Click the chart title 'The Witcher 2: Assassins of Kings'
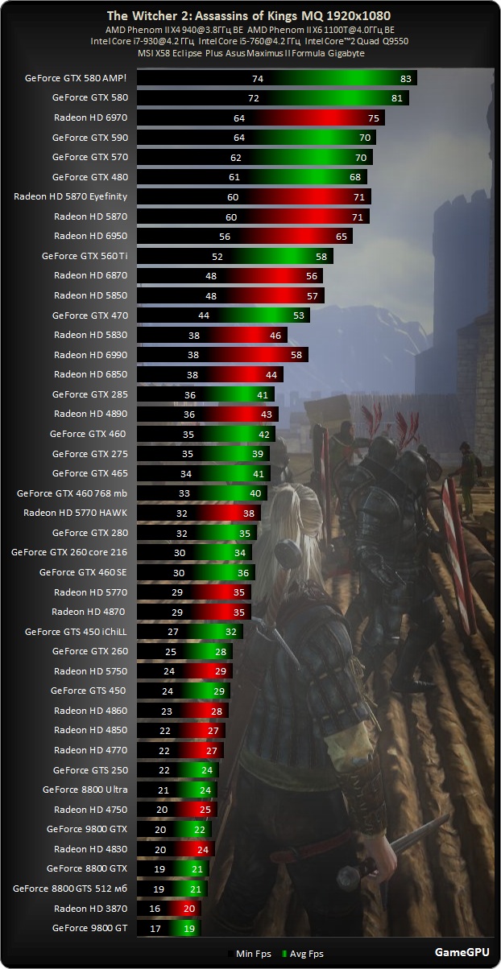click(250, 15)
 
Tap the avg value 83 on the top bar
click(405, 78)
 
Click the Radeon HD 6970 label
click(90, 118)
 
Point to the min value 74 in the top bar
click(258, 78)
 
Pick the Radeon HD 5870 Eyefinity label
click(71, 196)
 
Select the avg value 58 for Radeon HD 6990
click(296, 354)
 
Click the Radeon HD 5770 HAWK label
click(75, 513)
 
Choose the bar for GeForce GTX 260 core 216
click(194, 552)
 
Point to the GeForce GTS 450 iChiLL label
click(76, 632)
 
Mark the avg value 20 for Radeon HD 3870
click(188, 909)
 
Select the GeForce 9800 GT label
click(89, 928)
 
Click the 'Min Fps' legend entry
click(249, 954)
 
